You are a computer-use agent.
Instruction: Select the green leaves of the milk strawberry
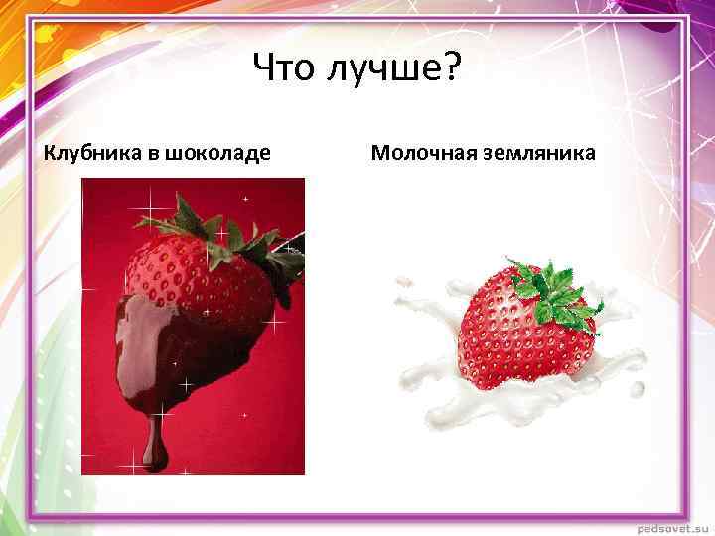(551, 288)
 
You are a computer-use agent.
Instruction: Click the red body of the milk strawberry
(516, 337)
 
